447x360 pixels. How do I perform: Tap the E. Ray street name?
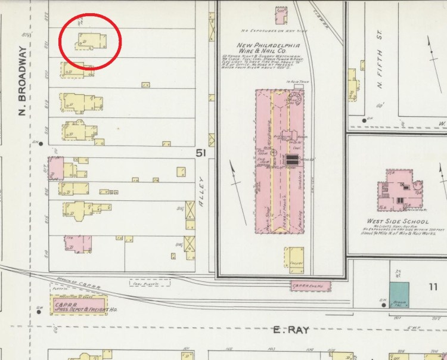click(x=291, y=330)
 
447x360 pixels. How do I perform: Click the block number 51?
click(x=201, y=154)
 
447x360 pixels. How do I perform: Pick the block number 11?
click(x=432, y=287)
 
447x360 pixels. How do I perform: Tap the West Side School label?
click(x=398, y=221)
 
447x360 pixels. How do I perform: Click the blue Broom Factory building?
click(x=399, y=295)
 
